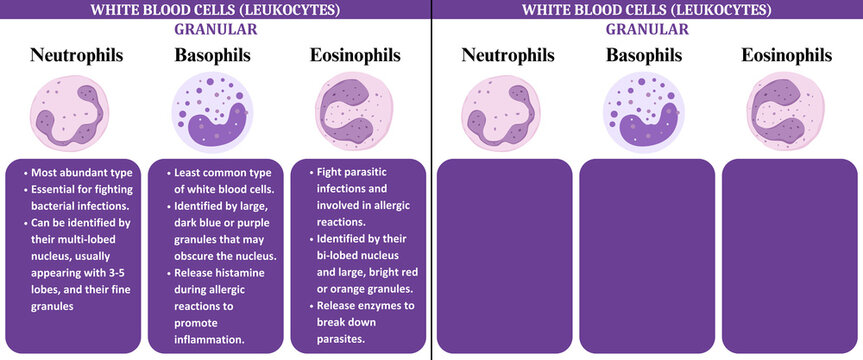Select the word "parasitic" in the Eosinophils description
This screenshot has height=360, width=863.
click(x=366, y=171)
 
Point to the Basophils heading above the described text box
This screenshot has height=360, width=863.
click(x=212, y=55)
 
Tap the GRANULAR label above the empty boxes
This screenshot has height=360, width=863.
click(x=646, y=29)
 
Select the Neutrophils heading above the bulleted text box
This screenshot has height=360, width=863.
click(x=77, y=55)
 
